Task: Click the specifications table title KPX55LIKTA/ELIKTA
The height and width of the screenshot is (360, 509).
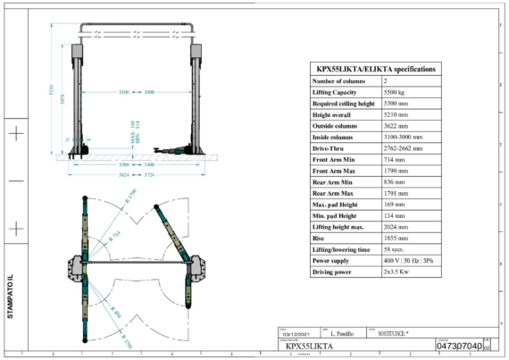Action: tap(376, 68)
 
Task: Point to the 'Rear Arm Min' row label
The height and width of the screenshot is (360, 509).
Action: tap(332, 181)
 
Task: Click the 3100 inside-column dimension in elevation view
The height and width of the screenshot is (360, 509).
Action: tap(124, 93)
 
